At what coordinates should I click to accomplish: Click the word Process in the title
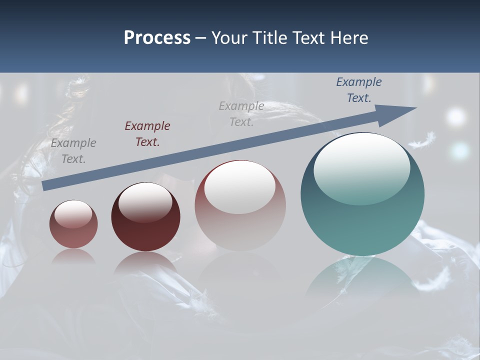pos(157,37)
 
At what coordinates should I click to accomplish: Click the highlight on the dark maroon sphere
pos(145,201)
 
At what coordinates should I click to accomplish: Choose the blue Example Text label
pos(359,90)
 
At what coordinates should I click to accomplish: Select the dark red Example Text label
pos(147,133)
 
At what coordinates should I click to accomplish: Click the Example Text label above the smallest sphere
pos(73,151)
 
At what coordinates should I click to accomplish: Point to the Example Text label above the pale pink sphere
pos(241,113)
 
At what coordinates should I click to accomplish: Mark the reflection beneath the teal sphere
pos(362,277)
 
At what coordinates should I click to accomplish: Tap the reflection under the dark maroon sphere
pos(145,262)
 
